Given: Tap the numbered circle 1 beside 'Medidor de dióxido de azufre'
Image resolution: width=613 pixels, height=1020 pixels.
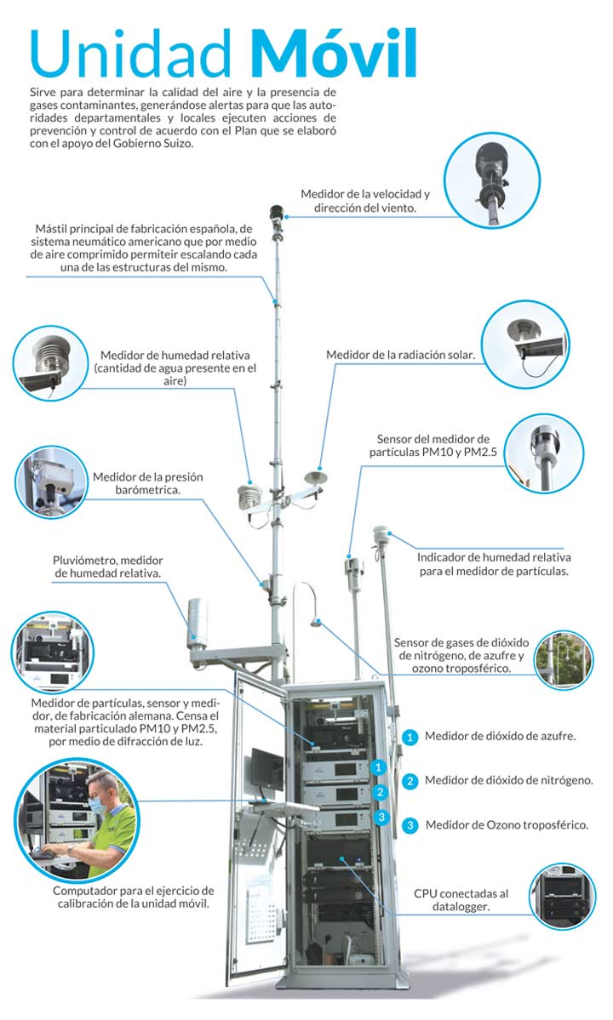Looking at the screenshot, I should (410, 737).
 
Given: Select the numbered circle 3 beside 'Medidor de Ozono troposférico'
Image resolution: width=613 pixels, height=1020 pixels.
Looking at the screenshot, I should (410, 824).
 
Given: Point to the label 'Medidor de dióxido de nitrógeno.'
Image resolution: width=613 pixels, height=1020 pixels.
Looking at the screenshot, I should (508, 780).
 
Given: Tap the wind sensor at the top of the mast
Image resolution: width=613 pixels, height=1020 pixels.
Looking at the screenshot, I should (276, 213).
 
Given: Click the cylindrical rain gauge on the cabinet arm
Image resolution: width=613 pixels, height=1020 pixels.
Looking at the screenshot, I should (197, 620).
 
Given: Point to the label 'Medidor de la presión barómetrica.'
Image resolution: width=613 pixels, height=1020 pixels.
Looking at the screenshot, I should (147, 484).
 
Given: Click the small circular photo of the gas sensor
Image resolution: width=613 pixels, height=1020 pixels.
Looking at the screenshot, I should (563, 661).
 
